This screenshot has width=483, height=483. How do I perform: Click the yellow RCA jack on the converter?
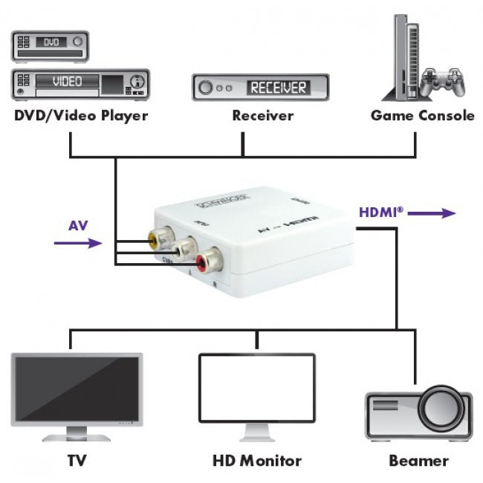coord(157,239)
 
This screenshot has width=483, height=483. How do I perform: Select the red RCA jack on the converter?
coord(207,259)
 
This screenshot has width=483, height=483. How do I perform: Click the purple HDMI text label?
coord(381,212)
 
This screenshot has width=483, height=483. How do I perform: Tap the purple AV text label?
coord(78,225)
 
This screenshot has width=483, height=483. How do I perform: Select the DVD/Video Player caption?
coord(80,115)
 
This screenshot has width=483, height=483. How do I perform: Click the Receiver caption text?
coord(262,115)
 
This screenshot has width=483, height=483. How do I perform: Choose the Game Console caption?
coord(422,115)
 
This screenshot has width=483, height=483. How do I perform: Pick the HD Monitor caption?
coord(256,461)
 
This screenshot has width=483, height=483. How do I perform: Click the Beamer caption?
coord(418,461)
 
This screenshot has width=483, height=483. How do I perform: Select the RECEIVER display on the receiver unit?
coord(277,88)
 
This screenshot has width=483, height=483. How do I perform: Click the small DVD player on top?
coord(49,45)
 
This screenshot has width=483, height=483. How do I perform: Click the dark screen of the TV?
coord(76,387)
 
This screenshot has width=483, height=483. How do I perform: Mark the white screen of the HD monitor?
coord(256,387)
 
